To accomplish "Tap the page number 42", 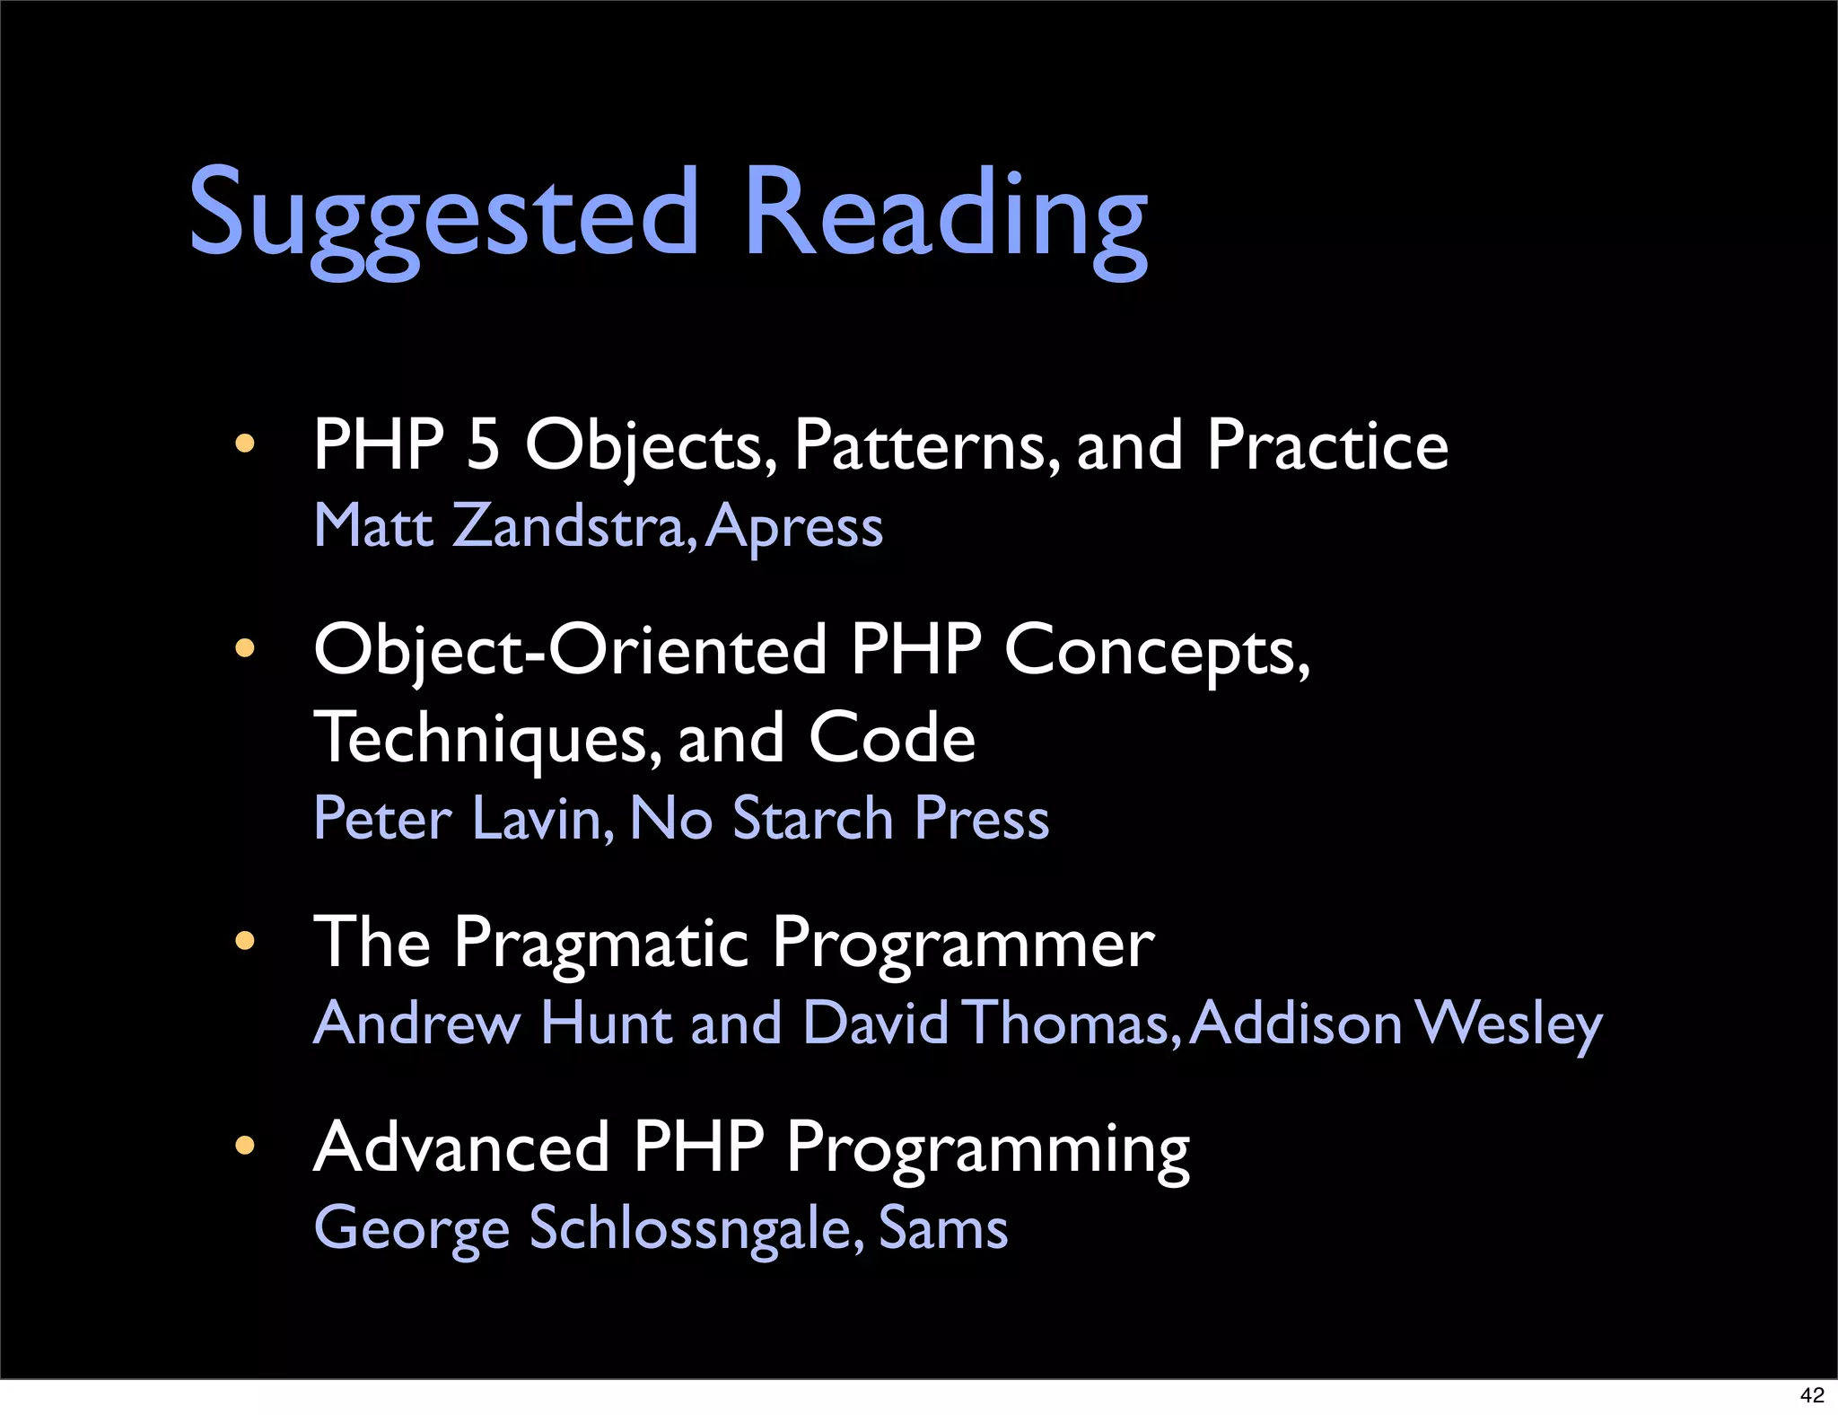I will pyautogui.click(x=1812, y=1395).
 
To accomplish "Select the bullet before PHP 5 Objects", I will pyautogui.click(x=244, y=444).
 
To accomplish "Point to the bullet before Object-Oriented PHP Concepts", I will pyautogui.click(x=244, y=648).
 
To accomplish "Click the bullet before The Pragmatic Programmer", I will pyautogui.click(x=244, y=941).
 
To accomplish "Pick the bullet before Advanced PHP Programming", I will pyautogui.click(x=244, y=1146).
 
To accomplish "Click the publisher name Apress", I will pyautogui.click(x=794, y=527).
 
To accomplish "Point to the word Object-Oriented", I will pyautogui.click(x=570, y=650).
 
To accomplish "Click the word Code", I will pyautogui.click(x=891, y=738).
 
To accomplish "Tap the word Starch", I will pyautogui.click(x=812, y=819).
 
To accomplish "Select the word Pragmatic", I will pyautogui.click(x=600, y=945).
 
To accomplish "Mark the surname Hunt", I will pyautogui.click(x=606, y=1023).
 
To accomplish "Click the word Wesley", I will pyautogui.click(x=1508, y=1024).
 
